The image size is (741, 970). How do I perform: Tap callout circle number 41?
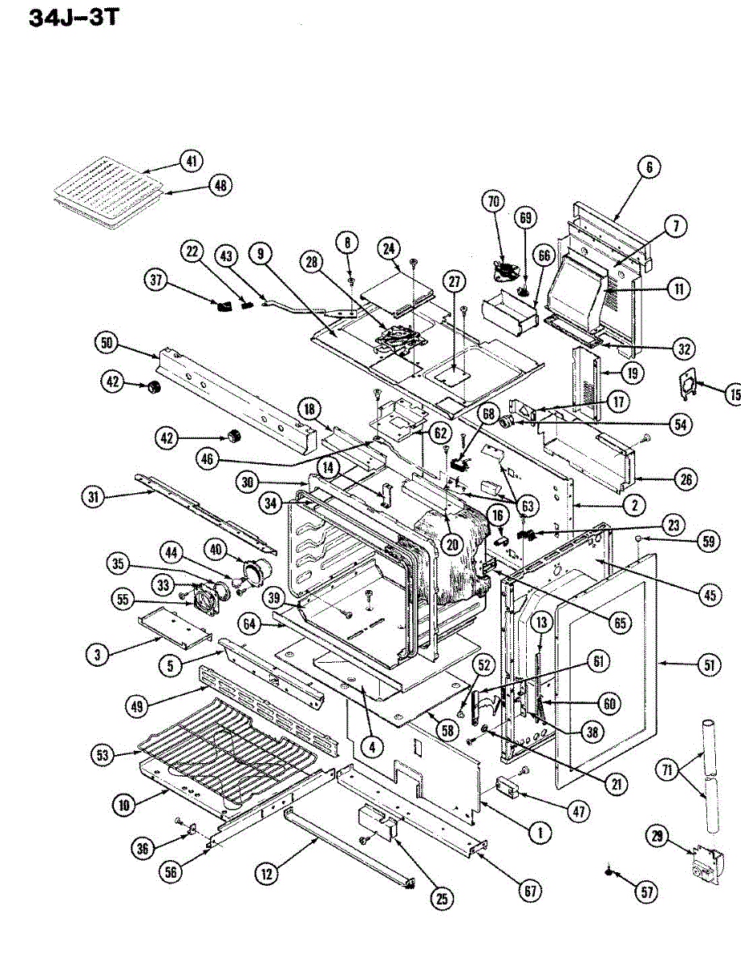coord(191,162)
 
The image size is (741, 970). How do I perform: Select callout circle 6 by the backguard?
coord(649,167)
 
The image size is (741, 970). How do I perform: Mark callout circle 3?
coord(97,656)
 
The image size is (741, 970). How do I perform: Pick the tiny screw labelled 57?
coord(608,871)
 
